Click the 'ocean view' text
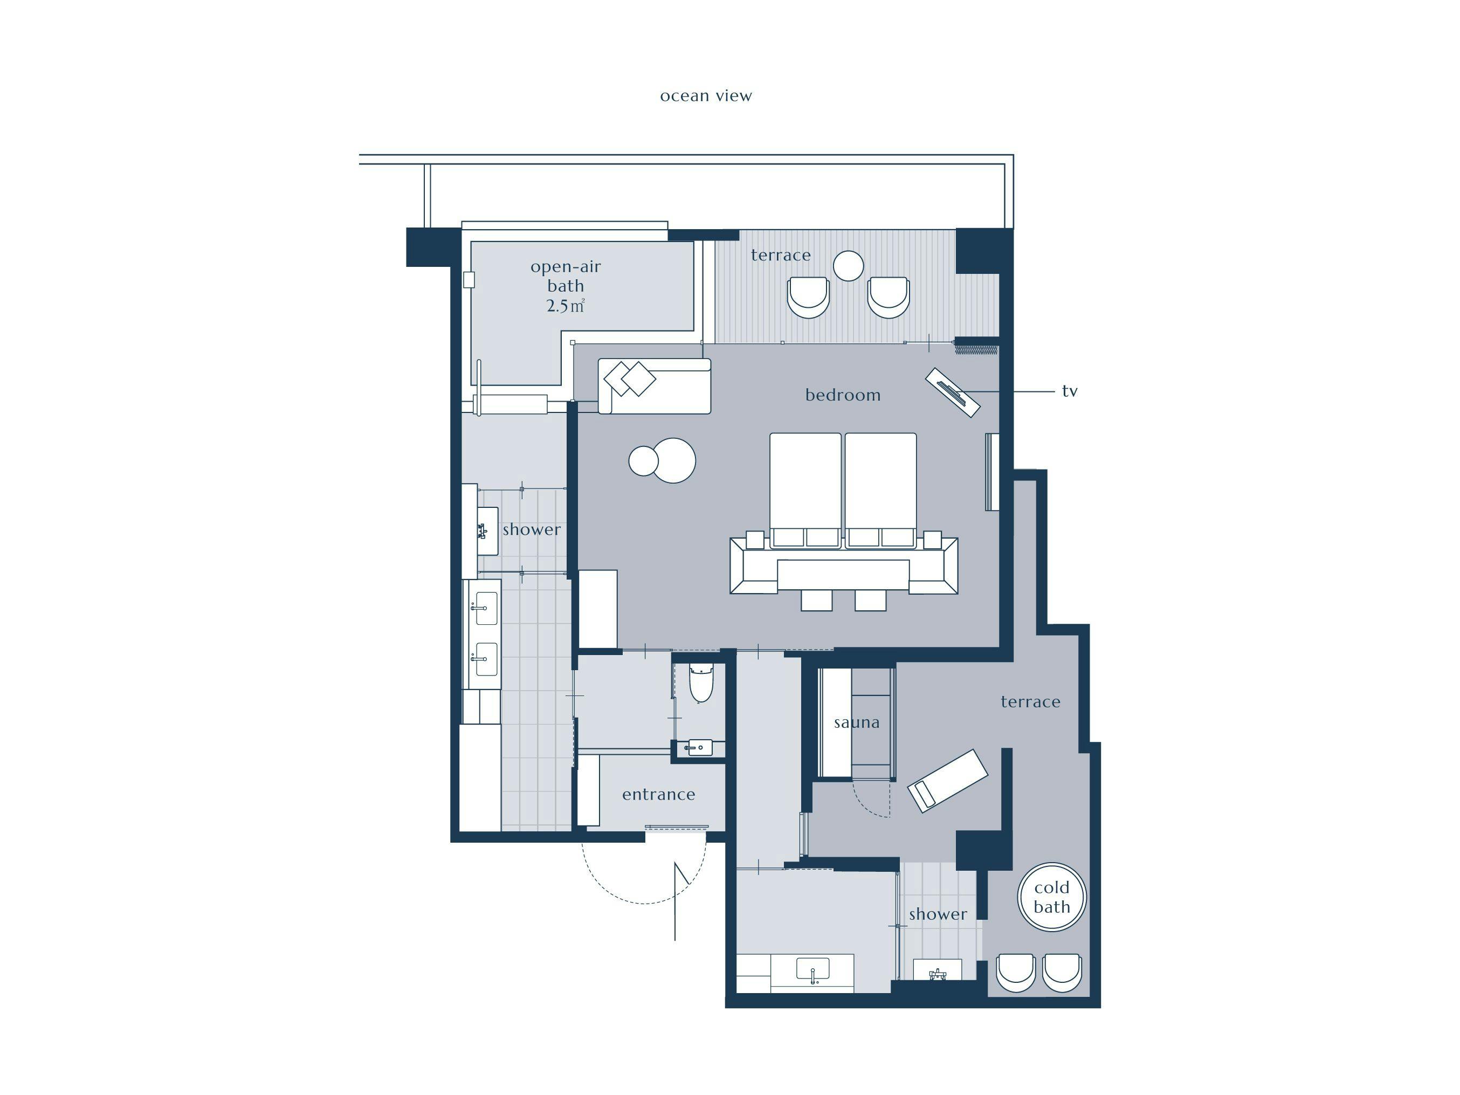point(706,97)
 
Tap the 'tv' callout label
point(1069,391)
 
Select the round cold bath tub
point(1051,897)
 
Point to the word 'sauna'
point(856,723)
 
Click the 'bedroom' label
point(843,395)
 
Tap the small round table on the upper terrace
point(848,266)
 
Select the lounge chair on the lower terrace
point(948,780)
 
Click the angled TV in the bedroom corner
point(953,392)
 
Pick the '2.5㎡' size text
point(566,306)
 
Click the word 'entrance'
point(659,794)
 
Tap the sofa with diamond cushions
point(654,386)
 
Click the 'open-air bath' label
point(566,276)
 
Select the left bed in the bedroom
point(805,491)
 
